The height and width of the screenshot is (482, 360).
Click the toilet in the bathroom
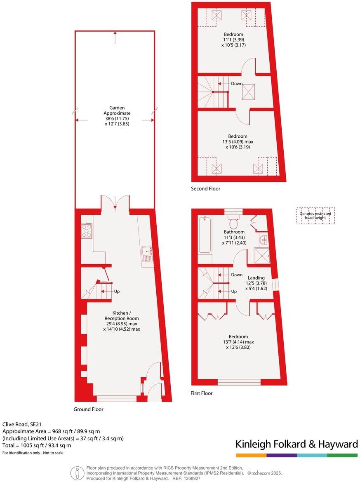point(234,222)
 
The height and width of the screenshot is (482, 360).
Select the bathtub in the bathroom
point(205,235)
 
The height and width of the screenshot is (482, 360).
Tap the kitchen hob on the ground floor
point(87,230)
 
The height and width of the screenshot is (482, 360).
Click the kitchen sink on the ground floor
point(147,254)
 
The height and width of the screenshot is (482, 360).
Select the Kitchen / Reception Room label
point(122,318)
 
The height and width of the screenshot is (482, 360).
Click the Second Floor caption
point(205,189)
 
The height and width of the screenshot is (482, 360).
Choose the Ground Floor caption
point(88,409)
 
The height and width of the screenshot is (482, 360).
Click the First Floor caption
point(202,393)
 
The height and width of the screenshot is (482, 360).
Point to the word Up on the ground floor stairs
point(117,292)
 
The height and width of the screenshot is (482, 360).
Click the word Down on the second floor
point(237,84)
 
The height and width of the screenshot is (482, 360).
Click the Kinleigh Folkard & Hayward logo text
point(296,444)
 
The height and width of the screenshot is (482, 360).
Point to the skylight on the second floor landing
point(248,92)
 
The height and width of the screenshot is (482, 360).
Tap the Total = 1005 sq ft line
point(37,445)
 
